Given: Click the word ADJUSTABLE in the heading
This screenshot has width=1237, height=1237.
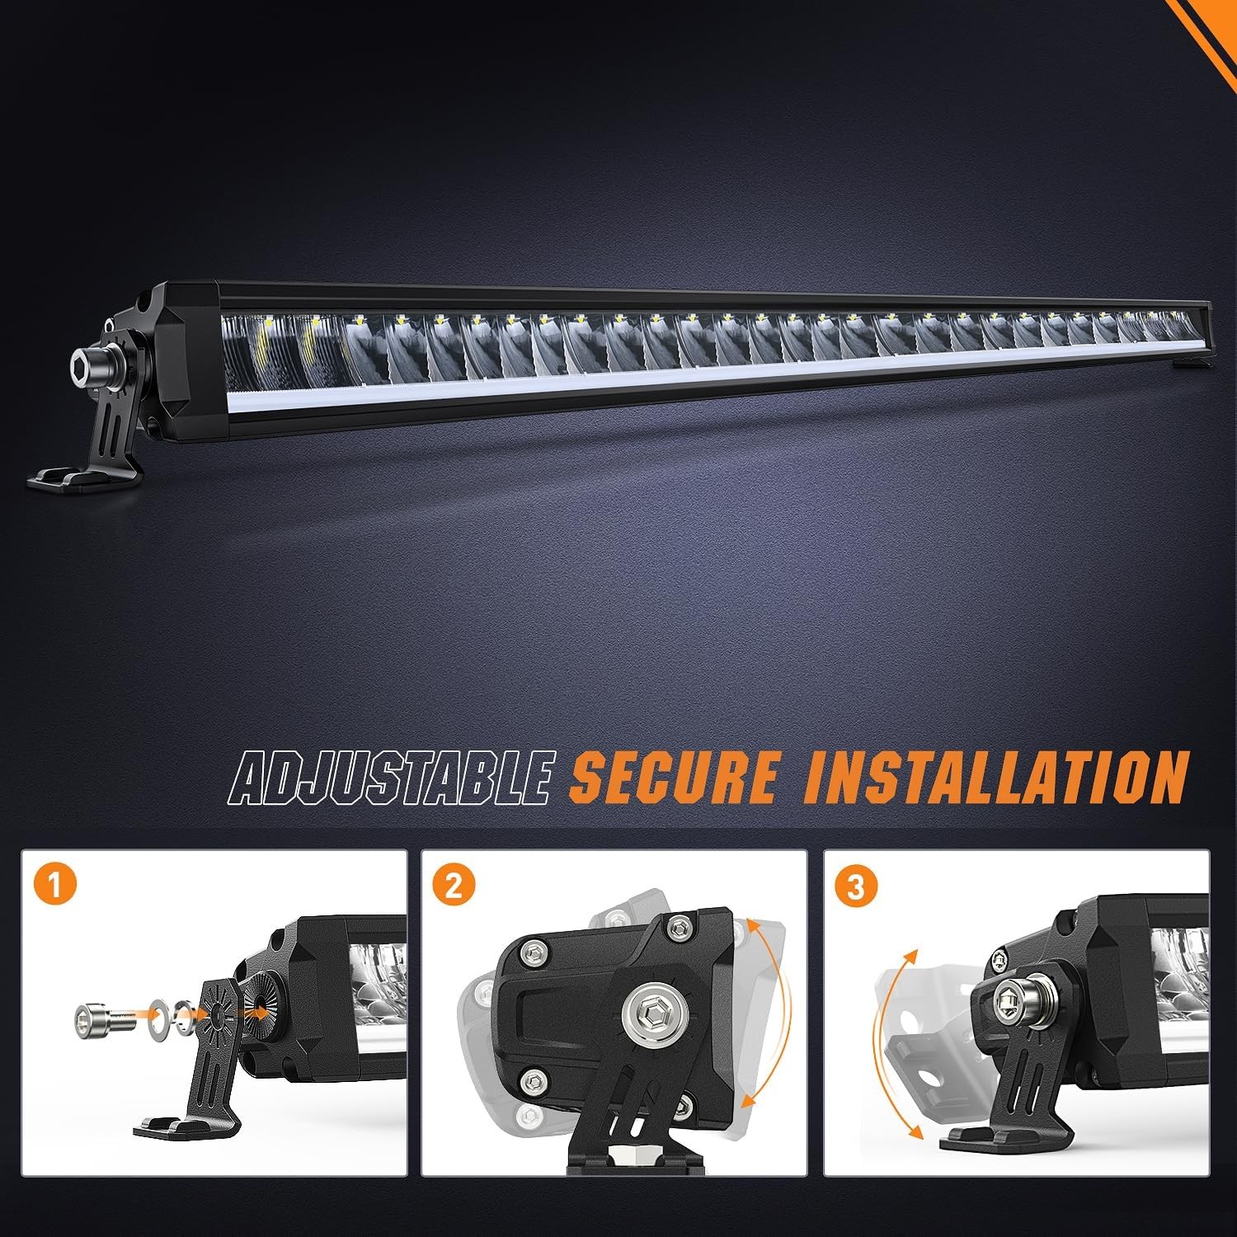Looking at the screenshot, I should (x=390, y=776).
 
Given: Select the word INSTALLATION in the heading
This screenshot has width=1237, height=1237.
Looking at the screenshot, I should (x=997, y=776).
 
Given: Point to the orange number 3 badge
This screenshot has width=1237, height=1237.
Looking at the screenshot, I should (x=856, y=887).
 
